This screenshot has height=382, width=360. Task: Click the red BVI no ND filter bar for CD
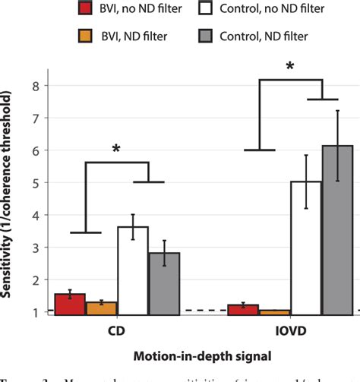click(x=69, y=305)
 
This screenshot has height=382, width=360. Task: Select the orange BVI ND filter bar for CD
click(x=101, y=308)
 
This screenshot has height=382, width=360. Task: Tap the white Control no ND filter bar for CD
click(x=132, y=270)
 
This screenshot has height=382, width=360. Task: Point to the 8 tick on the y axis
click(x=35, y=87)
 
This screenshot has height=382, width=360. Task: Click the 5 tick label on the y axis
click(x=35, y=183)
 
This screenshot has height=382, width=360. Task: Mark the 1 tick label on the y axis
click(x=35, y=312)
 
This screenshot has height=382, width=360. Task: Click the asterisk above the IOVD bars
click(x=290, y=68)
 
